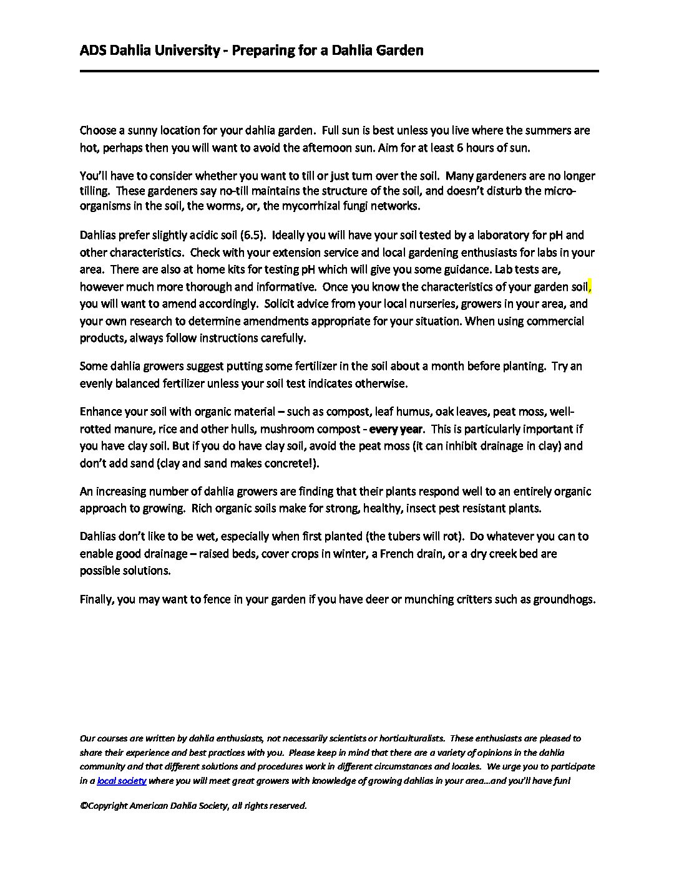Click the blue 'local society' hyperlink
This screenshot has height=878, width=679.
pos(121,781)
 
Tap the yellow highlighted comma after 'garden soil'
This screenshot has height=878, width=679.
pos(589,287)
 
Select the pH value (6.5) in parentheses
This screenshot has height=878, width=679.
pos(253,235)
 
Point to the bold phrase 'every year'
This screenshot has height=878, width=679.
pos(396,429)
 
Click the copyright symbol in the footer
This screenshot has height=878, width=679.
pos(83,806)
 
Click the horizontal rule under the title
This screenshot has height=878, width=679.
pos(339,71)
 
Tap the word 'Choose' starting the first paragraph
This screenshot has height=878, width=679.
pos(98,131)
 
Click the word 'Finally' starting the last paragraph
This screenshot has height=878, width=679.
pos(96,599)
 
